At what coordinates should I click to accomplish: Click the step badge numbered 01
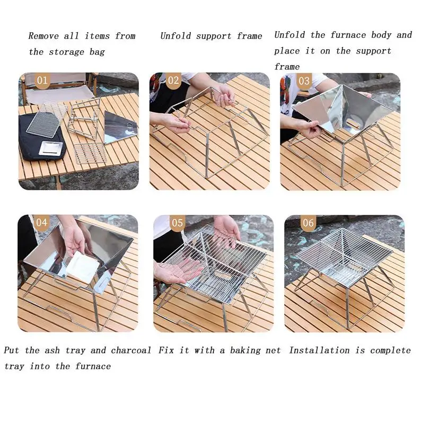pyautogui.click(x=42, y=81)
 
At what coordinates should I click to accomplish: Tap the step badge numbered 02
pyautogui.click(x=173, y=81)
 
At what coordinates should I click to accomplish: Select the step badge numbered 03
pyautogui.click(x=304, y=81)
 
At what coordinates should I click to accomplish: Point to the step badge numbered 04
pyautogui.click(x=42, y=223)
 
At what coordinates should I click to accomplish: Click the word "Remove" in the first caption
pyautogui.click(x=43, y=36)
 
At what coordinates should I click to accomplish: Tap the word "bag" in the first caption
pyautogui.click(x=98, y=52)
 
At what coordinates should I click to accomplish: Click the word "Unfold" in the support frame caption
pyautogui.click(x=176, y=36)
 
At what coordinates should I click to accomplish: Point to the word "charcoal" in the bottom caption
pyautogui.click(x=131, y=350)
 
